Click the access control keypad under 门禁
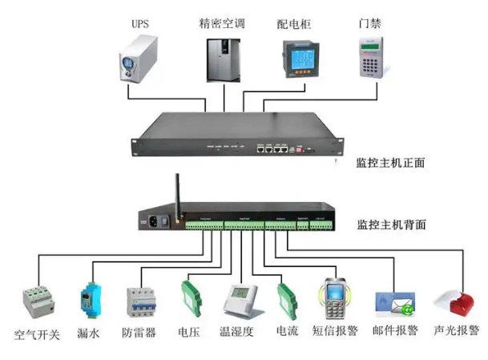pyautogui.click(x=370, y=57)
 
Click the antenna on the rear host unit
pyautogui.click(x=174, y=192)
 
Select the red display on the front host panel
pyautogui.click(x=302, y=149)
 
